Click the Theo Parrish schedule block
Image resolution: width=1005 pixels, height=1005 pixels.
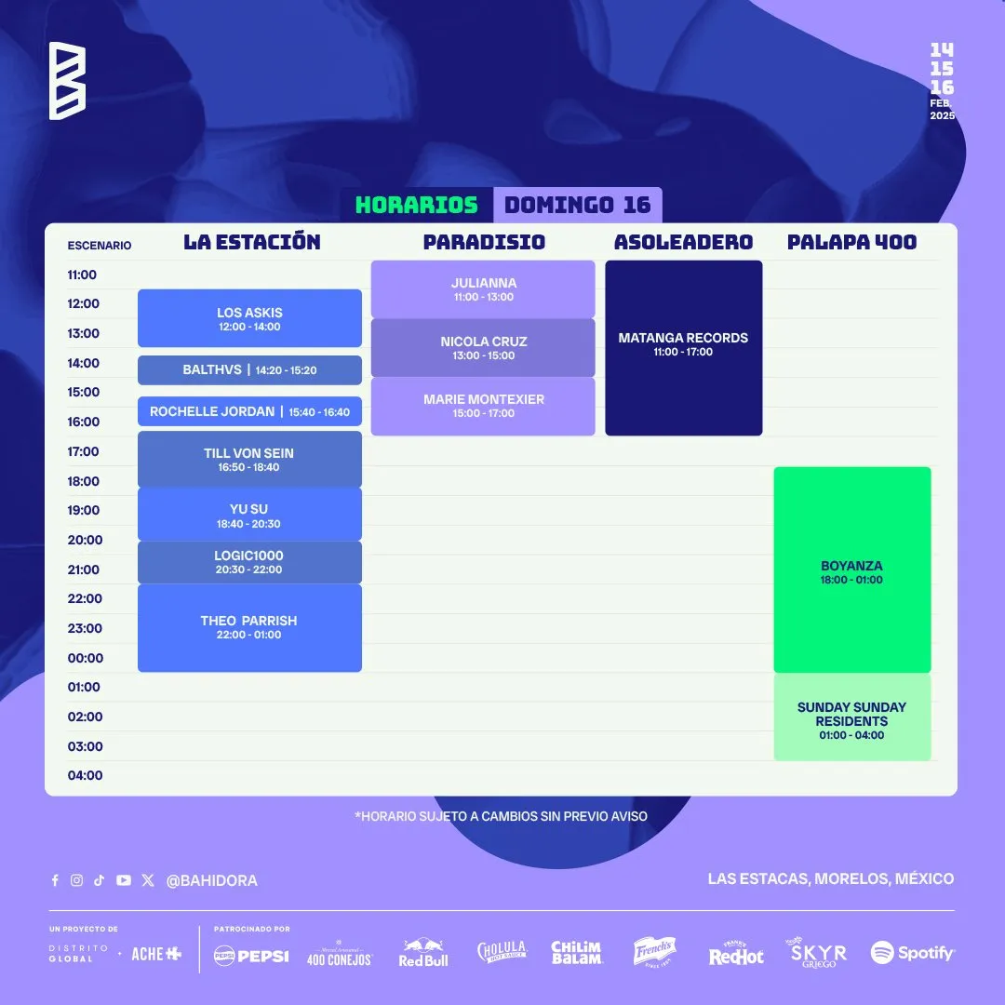tap(249, 627)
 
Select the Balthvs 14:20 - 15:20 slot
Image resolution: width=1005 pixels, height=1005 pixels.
tap(249, 369)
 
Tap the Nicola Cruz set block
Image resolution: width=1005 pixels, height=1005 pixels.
tap(483, 347)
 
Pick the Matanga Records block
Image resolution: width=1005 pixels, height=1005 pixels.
tap(684, 348)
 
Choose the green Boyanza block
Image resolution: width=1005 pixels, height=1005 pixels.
tap(852, 569)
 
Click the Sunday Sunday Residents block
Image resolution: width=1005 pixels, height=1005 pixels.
tap(852, 717)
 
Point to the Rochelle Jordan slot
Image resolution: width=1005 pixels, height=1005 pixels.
tap(249, 411)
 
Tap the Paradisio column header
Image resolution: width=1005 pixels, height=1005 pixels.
tap(484, 242)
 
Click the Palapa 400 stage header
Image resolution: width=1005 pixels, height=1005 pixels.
tap(851, 242)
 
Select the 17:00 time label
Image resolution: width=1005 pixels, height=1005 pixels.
tap(84, 451)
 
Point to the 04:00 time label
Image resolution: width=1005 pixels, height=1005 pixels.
tap(86, 775)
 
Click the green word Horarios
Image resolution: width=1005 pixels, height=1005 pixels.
tap(417, 205)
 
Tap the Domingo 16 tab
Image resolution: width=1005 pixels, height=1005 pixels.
tap(578, 205)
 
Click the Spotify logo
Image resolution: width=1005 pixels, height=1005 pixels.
tap(912, 953)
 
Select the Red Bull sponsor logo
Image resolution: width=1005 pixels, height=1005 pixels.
tap(423, 953)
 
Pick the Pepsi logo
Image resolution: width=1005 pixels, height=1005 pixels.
tap(251, 956)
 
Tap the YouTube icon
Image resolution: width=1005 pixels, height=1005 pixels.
tap(124, 880)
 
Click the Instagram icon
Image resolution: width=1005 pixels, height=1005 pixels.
tap(77, 880)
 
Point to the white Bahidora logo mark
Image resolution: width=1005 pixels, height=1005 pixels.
tap(67, 81)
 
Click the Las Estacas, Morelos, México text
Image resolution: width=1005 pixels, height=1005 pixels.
tap(831, 878)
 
